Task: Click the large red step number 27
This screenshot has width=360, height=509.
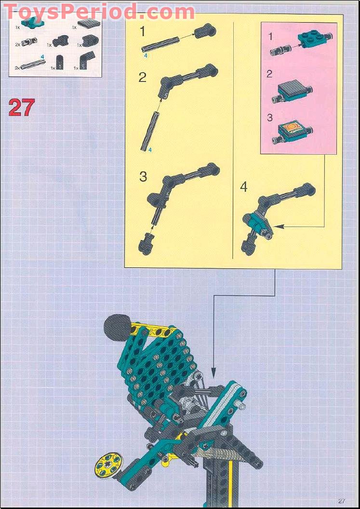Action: (x=22, y=107)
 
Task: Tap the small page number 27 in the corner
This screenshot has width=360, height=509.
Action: (x=342, y=501)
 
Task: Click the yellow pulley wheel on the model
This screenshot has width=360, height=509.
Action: (x=106, y=465)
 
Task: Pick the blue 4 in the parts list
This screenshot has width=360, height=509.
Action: (x=42, y=56)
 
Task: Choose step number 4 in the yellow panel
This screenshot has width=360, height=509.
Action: (x=244, y=187)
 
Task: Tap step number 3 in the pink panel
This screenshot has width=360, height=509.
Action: (x=270, y=117)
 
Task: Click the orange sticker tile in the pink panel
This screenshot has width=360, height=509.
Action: (x=293, y=128)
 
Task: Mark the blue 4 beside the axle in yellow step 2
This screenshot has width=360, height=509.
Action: (x=150, y=150)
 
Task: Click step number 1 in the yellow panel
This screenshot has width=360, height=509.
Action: (x=142, y=32)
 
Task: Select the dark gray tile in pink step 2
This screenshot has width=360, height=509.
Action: (x=292, y=87)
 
